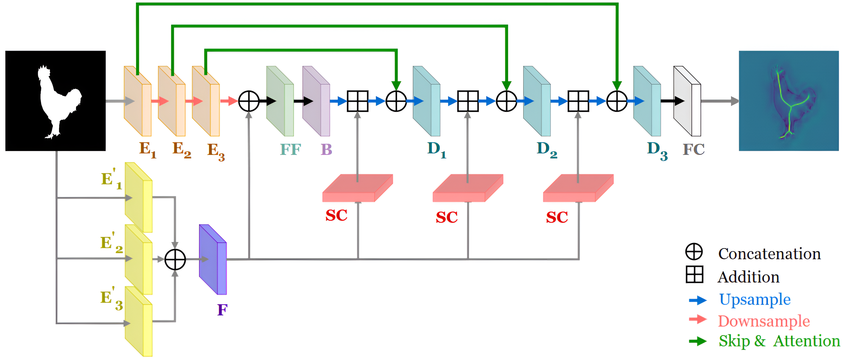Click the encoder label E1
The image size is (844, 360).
click(x=147, y=150)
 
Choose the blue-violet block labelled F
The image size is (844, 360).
click(x=213, y=259)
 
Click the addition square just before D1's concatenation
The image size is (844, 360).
click(x=357, y=101)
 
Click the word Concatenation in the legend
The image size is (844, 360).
click(x=769, y=254)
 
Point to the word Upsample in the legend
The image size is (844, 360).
click(x=755, y=299)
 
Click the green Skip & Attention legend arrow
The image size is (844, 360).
click(x=698, y=341)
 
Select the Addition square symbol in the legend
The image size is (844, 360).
click(x=694, y=274)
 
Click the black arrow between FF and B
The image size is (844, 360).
click(x=303, y=101)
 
